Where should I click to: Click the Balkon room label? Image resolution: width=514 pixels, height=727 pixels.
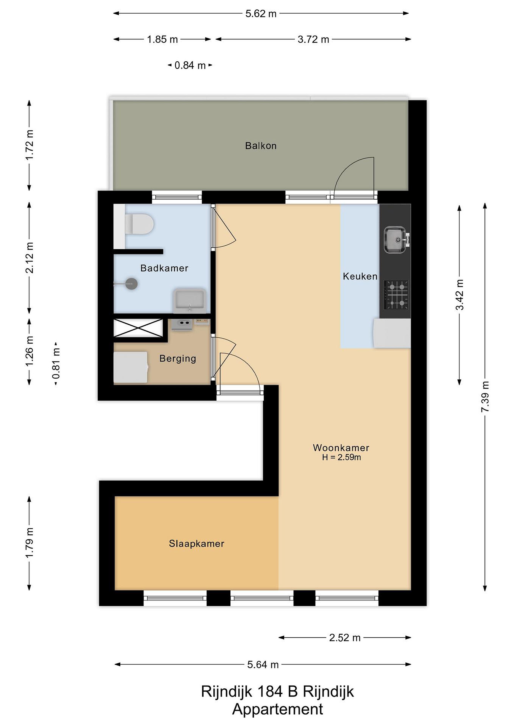point(261,146)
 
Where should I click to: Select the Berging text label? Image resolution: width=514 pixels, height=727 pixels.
point(178,358)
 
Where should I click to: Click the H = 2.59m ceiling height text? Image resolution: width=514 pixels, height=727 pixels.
point(341,457)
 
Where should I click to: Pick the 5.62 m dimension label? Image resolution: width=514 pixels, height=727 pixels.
point(261,14)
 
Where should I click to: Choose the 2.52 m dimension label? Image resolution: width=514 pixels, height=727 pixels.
point(345,637)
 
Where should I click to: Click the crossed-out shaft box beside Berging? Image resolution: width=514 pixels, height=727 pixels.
point(138,328)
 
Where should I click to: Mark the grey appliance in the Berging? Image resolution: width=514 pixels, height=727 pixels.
point(130,367)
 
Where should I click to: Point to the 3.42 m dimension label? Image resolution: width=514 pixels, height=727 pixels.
point(459,295)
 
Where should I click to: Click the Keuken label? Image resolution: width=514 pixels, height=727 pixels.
point(360,276)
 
